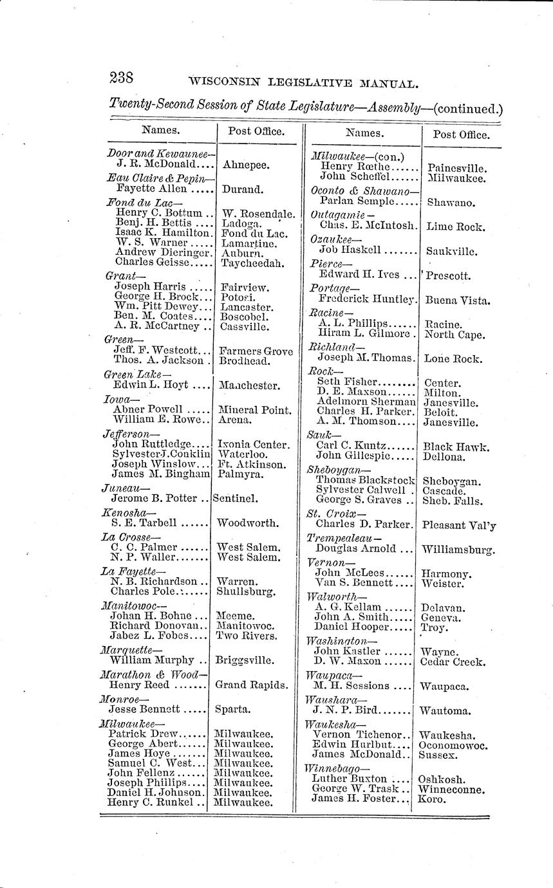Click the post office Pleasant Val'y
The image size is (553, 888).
459,525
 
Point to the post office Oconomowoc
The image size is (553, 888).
453,746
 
